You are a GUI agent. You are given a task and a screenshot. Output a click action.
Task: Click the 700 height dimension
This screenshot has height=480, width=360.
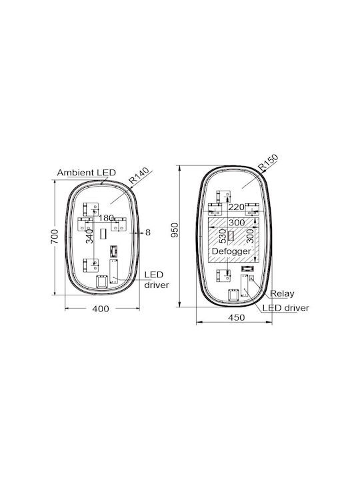55,236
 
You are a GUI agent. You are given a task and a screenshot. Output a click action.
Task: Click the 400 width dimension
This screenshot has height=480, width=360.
101,309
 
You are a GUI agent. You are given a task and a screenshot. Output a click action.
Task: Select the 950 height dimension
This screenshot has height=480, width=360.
174,230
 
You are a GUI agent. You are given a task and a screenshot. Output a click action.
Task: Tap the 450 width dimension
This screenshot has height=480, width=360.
236,317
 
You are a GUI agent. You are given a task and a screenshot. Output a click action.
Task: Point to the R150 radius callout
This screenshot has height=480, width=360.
268,162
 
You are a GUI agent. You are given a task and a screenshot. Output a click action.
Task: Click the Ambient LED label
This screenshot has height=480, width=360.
86,173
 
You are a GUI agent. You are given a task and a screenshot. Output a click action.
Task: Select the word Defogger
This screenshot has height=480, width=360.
231,251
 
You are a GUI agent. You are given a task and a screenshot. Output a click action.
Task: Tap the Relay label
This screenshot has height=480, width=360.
282,294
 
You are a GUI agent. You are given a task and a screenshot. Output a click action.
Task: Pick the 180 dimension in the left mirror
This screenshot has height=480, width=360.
106,218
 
